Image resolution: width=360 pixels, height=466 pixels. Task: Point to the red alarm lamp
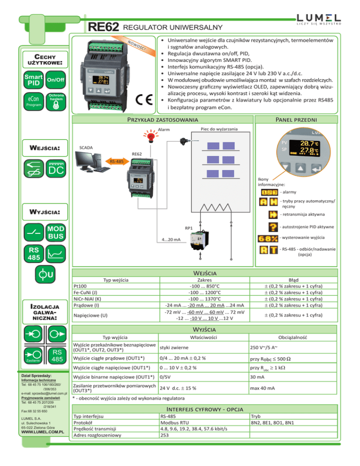(x=151, y=138)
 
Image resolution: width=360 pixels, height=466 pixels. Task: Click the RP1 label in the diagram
(x=189, y=228)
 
